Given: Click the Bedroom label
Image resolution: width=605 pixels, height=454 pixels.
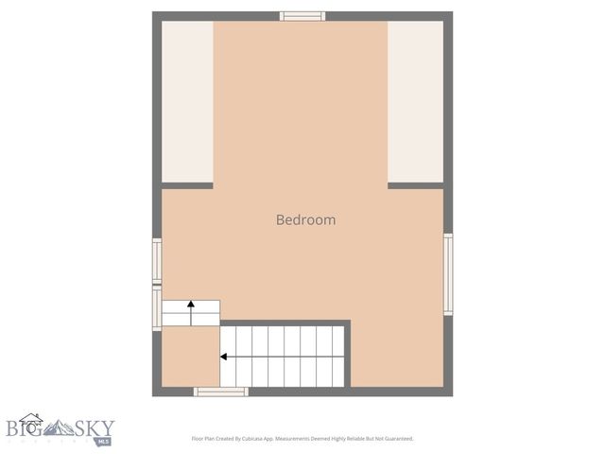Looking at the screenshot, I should pos(305,219).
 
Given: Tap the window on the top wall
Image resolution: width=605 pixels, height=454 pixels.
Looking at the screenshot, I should pos(302,16).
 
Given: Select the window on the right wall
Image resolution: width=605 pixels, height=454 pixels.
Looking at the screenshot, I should pos(448,274).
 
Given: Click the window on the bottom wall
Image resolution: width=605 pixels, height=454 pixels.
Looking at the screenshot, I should pos(220,392).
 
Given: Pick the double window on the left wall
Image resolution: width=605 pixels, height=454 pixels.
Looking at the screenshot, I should pos(157,284).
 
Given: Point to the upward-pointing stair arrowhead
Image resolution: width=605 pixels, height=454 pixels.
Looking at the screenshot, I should pos(191,305).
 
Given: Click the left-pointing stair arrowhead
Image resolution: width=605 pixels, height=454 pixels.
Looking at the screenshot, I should pos(224,357).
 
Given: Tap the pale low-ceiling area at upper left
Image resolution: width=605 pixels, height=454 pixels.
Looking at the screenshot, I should pos(187,101).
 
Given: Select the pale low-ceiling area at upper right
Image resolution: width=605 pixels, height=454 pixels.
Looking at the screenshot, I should pos(415,101).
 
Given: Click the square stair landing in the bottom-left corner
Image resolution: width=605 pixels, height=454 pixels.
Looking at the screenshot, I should pos(190,357).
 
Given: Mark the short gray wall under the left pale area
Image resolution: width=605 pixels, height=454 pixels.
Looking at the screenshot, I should pos(187,185).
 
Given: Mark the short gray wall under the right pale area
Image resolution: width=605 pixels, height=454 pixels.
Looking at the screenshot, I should pos(415,185).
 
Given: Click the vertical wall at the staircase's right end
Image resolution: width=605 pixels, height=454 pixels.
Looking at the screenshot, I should pos(348,355).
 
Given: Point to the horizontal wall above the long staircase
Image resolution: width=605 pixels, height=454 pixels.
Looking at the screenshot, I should pos(285,323).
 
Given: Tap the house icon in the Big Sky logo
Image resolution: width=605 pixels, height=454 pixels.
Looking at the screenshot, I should pos(31,422).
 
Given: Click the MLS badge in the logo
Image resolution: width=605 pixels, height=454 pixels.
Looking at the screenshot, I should pos(101,440).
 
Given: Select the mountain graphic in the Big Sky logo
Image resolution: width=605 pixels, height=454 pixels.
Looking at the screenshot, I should pos(64,428).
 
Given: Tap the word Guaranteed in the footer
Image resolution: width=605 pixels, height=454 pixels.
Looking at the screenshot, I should pos(394,439).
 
